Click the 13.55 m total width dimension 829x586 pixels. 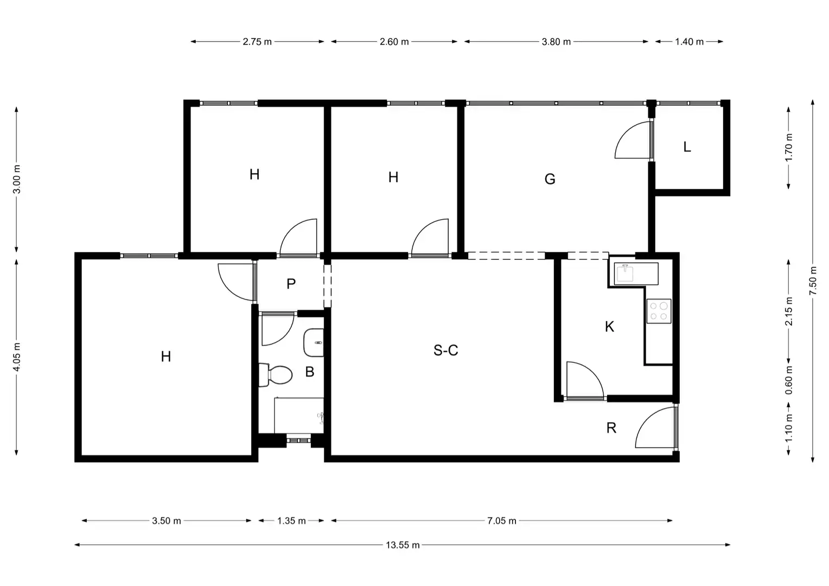[403, 545]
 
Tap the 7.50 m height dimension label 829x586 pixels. [813, 281]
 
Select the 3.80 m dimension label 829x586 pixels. [556, 42]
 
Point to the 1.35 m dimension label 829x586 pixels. [292, 521]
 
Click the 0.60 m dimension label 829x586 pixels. [789, 380]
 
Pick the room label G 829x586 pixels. [550, 179]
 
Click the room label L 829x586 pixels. [687, 147]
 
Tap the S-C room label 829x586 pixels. [446, 350]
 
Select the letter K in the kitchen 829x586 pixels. [609, 327]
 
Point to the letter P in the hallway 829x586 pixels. [291, 284]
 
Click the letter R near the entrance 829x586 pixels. [611, 428]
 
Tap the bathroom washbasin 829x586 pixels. [314, 343]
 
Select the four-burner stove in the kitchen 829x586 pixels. [659, 311]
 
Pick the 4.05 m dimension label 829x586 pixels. [17, 357]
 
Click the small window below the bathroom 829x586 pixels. [298, 440]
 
